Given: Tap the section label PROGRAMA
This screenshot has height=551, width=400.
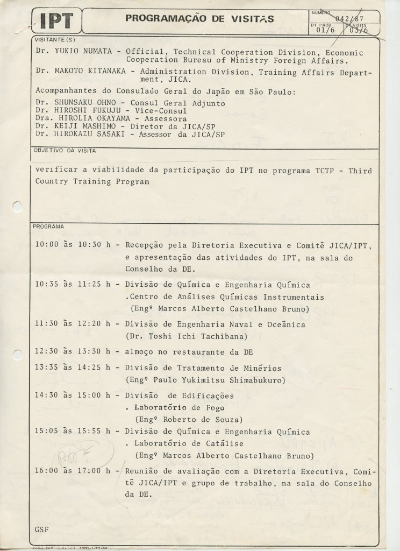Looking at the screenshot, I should point(48,227).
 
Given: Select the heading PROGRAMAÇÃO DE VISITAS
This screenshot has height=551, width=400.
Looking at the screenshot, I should point(199,19).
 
